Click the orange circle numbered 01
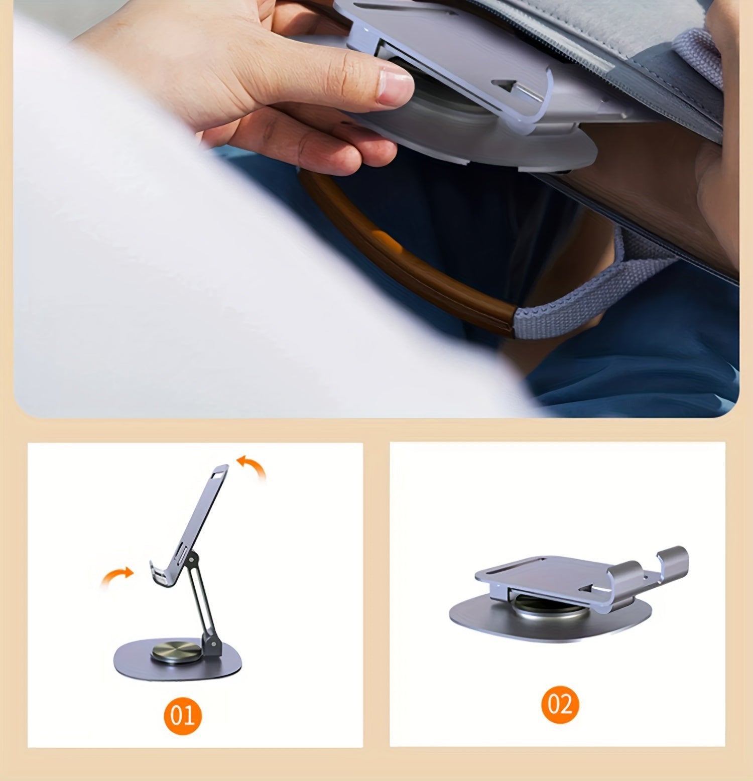182,715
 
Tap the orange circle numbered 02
560,704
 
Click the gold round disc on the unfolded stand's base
176,650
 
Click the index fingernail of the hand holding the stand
395,87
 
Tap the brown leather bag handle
402,251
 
